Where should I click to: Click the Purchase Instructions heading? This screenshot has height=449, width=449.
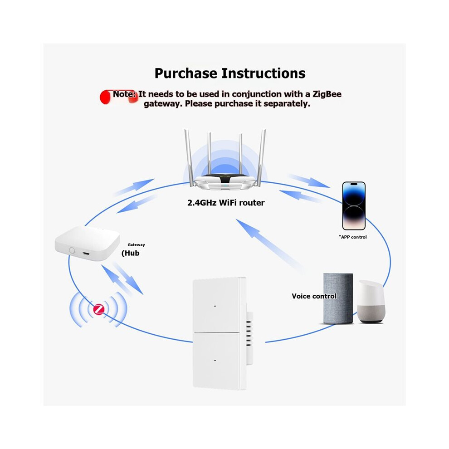230,73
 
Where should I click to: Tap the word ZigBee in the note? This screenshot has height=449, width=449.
327,94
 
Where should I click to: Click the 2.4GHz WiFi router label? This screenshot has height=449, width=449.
226,203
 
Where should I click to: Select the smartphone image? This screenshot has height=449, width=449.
354,205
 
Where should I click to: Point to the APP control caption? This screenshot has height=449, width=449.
353,237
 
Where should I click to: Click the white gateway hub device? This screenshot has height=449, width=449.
88,243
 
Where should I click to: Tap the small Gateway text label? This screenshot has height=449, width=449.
137,245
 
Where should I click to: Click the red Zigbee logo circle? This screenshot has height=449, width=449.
99,309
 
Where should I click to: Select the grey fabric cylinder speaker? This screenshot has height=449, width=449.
338,299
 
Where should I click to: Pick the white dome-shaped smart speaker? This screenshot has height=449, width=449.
371,302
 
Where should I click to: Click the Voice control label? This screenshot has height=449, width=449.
314,296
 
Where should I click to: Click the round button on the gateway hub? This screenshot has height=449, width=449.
72,250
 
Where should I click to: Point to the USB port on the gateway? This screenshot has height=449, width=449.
86,254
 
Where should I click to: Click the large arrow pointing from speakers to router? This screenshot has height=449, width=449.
269,244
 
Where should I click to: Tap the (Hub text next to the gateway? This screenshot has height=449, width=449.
131,253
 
